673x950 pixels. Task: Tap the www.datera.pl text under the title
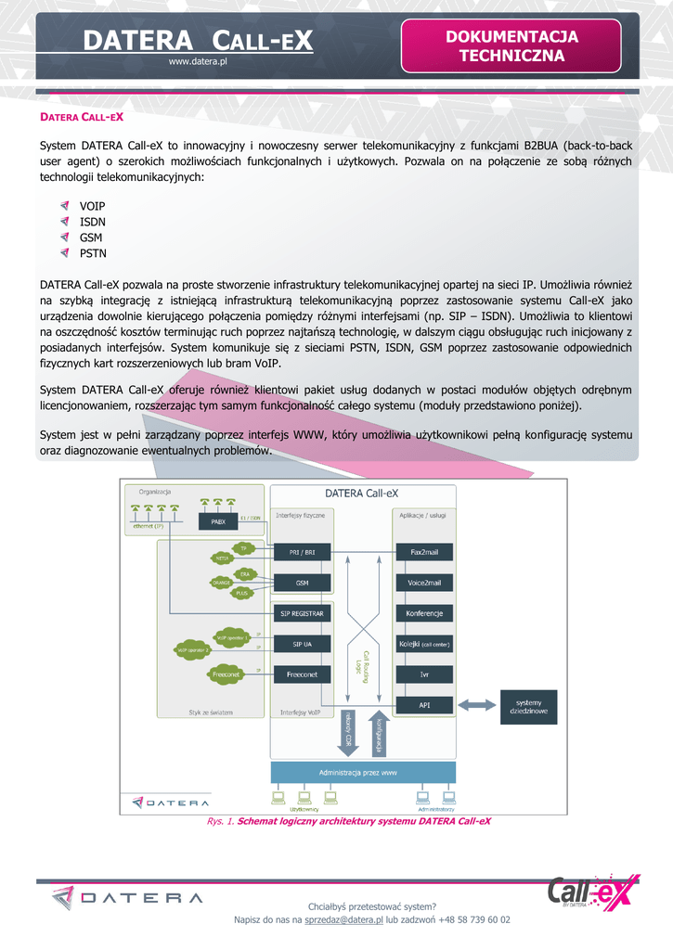pyautogui.click(x=198, y=61)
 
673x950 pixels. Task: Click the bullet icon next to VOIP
pyautogui.click(x=64, y=205)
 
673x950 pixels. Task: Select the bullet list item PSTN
pyautogui.click(x=93, y=252)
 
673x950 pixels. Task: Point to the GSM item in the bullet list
pyautogui.click(x=91, y=237)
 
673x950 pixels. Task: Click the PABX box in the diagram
pyautogui.click(x=218, y=521)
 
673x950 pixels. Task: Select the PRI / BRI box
pyautogui.click(x=302, y=552)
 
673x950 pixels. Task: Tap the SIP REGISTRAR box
pyautogui.click(x=302, y=613)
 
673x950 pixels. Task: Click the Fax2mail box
pyautogui.click(x=424, y=552)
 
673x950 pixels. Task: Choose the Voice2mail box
pyautogui.click(x=424, y=583)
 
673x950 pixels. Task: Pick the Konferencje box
pyautogui.click(x=424, y=613)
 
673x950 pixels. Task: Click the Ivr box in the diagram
pyautogui.click(x=424, y=674)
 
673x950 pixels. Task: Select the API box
pyautogui.click(x=424, y=705)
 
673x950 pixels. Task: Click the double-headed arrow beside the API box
pyautogui.click(x=478, y=706)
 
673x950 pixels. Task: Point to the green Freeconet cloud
pyautogui.click(x=226, y=674)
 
